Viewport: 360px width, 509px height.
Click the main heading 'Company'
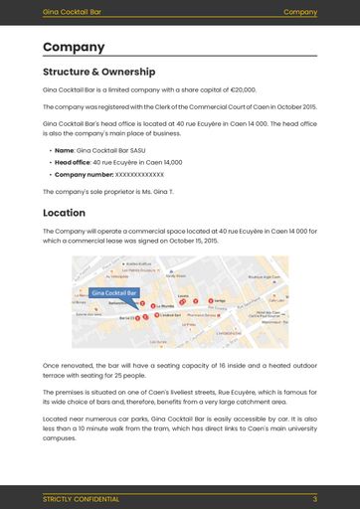pyautogui.click(x=74, y=47)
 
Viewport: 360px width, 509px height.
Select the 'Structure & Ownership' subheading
pyautogui.click(x=98, y=72)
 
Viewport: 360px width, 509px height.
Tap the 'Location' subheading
pyautogui.click(x=64, y=213)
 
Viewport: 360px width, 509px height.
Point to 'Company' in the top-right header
pyautogui.click(x=299, y=12)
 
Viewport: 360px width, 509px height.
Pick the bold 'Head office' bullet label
pyautogui.click(x=72, y=161)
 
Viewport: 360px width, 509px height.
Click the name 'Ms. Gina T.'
pyautogui.click(x=158, y=191)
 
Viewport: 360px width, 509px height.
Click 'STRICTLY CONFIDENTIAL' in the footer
pyautogui.click(x=81, y=498)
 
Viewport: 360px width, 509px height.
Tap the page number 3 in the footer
pyautogui.click(x=314, y=498)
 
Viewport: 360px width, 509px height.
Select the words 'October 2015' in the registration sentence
pyautogui.click(x=293, y=106)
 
